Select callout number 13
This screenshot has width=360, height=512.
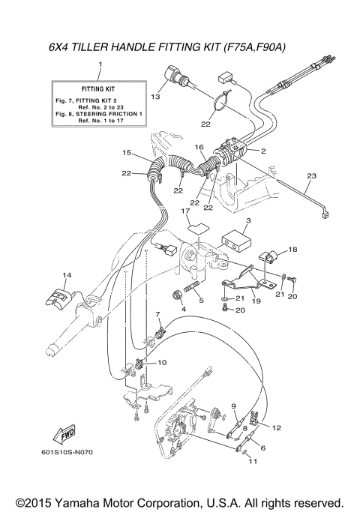click(x=156, y=97)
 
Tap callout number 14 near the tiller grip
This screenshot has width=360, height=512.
click(x=67, y=276)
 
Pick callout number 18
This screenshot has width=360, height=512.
click(x=293, y=248)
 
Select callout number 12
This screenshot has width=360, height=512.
click(x=277, y=427)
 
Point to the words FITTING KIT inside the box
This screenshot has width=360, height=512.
click(x=97, y=88)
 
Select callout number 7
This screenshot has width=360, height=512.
click(x=158, y=313)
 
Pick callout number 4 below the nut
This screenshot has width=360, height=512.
click(x=183, y=308)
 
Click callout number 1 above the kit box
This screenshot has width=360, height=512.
click(x=100, y=66)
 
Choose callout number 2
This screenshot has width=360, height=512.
click(x=263, y=151)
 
